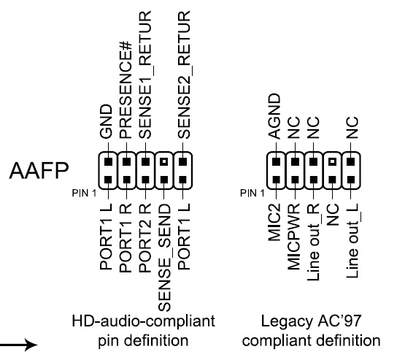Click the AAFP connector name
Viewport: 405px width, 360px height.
point(39,170)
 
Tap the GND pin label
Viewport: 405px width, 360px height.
point(106,121)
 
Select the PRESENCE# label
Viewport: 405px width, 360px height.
point(126,90)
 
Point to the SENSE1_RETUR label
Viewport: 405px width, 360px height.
point(146,74)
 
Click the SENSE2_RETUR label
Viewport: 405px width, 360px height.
point(185,74)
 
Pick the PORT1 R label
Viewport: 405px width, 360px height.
point(126,238)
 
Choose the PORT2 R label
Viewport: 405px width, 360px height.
point(145,238)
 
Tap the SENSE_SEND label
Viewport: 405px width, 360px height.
point(165,257)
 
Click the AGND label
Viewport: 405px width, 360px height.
point(274,116)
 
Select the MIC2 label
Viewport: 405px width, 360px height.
point(274,222)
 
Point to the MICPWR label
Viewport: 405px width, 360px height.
point(293,237)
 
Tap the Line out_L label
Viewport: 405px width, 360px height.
point(353,241)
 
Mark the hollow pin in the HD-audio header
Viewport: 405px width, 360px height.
point(163,162)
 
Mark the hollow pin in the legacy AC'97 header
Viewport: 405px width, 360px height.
point(333,162)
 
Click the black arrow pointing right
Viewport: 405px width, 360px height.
point(18,345)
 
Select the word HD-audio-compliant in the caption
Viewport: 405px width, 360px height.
point(143,321)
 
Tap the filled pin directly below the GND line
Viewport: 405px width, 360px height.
point(108,162)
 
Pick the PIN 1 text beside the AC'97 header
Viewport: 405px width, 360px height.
point(252,193)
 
